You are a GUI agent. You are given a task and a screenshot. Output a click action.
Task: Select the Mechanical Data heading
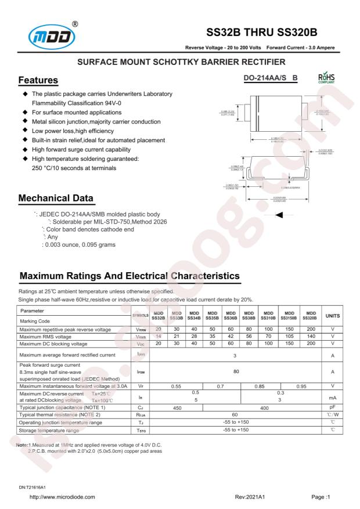(57, 197)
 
